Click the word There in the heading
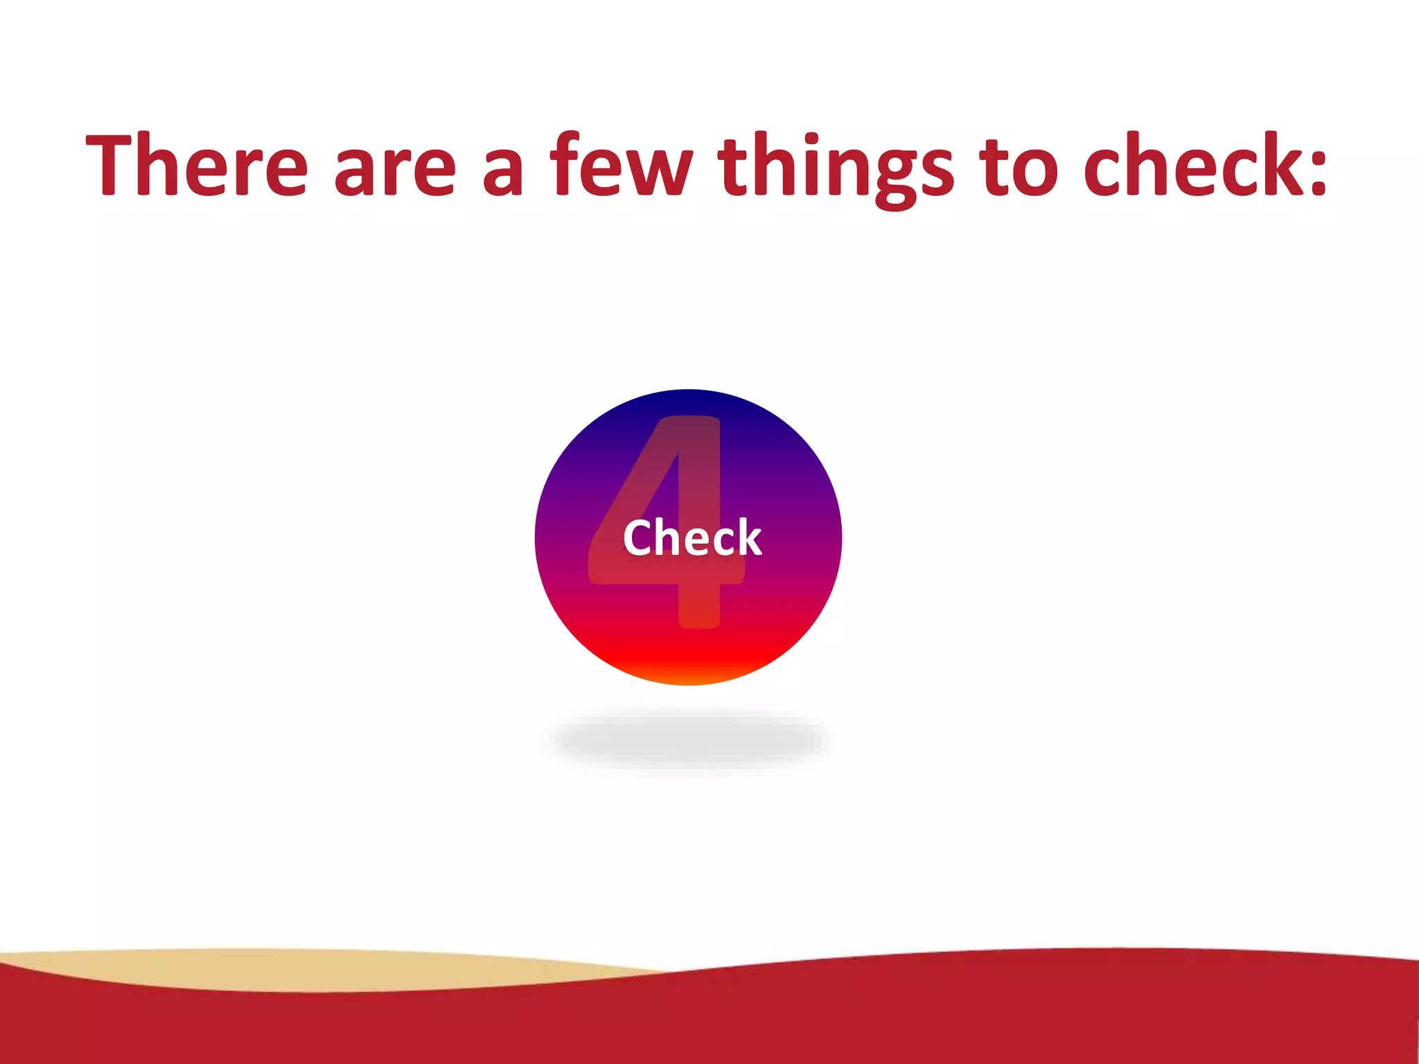click(x=196, y=165)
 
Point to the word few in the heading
click(x=621, y=165)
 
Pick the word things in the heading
click(x=836, y=166)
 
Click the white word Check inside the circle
click(x=692, y=538)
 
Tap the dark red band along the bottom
click(x=901, y=1018)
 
